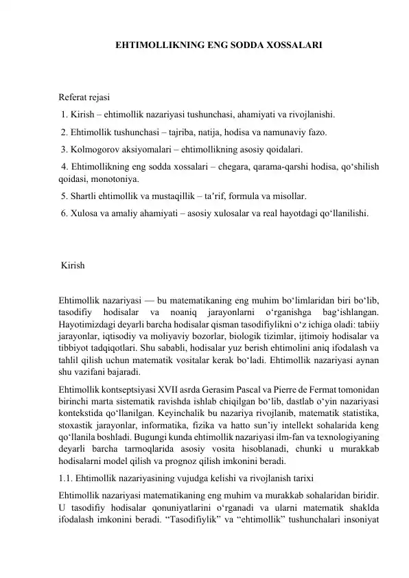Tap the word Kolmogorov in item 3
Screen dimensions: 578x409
[x=94, y=149]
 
